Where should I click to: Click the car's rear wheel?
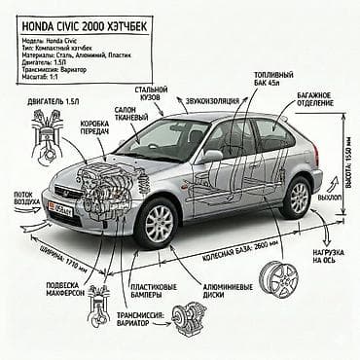click(298, 198)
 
